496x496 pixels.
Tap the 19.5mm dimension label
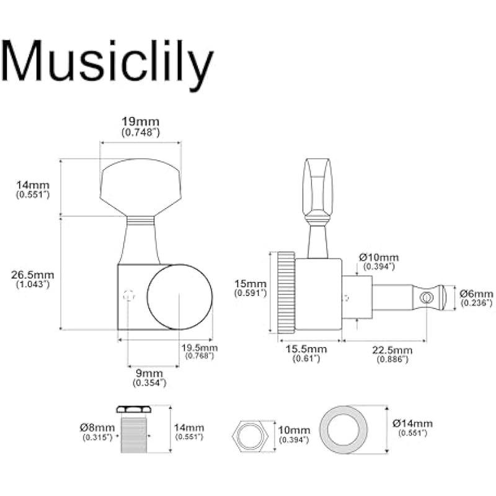tap(198, 350)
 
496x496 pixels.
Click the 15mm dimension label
tap(251, 287)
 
